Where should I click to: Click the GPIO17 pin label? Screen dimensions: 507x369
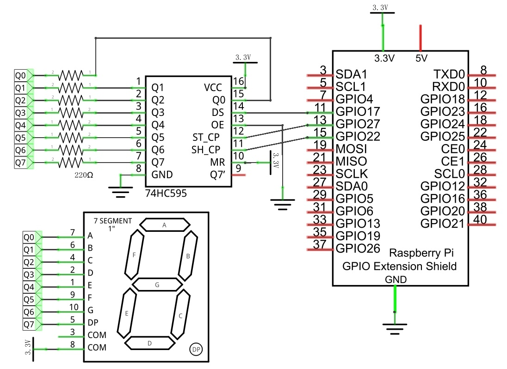(358, 112)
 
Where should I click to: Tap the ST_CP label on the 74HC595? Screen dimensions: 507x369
(206, 138)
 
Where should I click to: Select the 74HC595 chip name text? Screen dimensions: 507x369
(166, 194)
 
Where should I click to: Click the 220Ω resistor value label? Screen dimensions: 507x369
(84, 175)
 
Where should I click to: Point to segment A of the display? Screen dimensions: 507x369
(165, 225)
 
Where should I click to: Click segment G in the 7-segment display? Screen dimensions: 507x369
(157, 285)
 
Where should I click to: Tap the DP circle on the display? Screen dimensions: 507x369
(196, 349)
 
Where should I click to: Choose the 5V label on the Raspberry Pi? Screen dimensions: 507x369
(421, 59)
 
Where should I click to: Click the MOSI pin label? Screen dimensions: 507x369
(351, 149)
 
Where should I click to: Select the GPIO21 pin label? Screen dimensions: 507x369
(442, 224)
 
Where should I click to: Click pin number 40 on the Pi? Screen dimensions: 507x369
(480, 219)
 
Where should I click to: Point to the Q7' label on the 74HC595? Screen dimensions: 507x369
(217, 175)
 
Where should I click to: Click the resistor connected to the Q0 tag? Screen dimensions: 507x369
(70, 76)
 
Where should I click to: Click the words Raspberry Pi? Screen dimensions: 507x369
(421, 253)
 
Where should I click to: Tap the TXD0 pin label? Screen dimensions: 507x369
(449, 74)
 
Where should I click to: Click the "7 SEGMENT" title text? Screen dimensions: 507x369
(113, 221)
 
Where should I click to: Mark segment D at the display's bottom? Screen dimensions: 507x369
(150, 343)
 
